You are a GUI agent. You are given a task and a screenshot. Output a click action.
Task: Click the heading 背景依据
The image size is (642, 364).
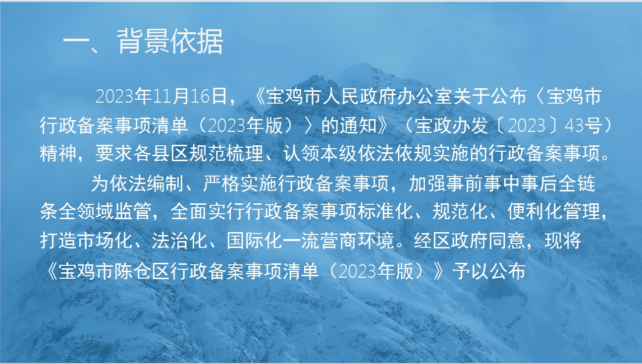(x=170, y=42)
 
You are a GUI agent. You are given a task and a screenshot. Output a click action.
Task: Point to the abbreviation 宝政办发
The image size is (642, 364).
(x=451, y=125)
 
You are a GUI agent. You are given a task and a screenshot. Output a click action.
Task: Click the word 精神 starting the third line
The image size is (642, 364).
(x=58, y=153)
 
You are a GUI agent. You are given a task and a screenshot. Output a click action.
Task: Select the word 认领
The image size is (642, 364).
(x=302, y=153)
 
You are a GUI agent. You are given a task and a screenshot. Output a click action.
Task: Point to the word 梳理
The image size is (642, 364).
(x=245, y=153)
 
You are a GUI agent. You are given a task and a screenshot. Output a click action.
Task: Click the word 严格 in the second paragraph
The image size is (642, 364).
(x=221, y=183)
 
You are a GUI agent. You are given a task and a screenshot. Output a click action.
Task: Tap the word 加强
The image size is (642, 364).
(x=428, y=183)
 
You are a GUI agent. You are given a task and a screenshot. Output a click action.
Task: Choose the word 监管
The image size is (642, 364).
(x=133, y=211)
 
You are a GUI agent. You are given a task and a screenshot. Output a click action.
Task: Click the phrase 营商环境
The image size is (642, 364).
(x=357, y=241)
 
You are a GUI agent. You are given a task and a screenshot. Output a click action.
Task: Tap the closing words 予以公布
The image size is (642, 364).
(x=489, y=271)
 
